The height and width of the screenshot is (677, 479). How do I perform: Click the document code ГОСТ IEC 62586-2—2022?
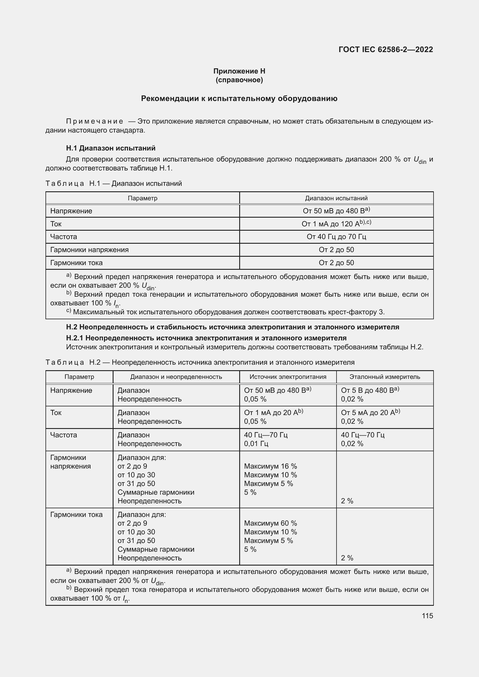(385, 49)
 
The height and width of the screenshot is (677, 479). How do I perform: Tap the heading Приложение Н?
(239, 71)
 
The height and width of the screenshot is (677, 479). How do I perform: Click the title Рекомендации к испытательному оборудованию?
(239, 98)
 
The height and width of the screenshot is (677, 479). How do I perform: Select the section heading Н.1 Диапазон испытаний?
(111, 148)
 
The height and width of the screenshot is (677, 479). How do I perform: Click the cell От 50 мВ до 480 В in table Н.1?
(336, 211)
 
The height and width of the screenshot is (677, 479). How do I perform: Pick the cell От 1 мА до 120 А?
(336, 224)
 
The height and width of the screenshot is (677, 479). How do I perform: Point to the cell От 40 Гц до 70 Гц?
(336, 237)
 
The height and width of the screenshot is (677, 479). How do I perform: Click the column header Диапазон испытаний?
(336, 198)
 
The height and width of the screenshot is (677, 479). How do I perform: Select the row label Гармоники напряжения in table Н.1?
(89, 250)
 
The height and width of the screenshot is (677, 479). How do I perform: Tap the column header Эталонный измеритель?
(385, 377)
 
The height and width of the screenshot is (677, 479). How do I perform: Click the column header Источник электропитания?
(288, 377)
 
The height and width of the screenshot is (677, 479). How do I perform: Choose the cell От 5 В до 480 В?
(370, 390)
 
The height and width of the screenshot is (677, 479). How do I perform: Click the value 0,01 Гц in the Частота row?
(256, 444)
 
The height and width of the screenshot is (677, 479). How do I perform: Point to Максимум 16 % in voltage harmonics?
(270, 466)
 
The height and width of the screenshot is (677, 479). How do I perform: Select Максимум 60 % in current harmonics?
(270, 523)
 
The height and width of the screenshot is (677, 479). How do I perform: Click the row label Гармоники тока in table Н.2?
(76, 515)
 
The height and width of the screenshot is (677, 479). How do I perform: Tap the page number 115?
(427, 616)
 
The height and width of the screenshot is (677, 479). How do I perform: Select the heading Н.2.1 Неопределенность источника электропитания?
(206, 338)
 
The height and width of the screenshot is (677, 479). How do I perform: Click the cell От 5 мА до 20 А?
(370, 413)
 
